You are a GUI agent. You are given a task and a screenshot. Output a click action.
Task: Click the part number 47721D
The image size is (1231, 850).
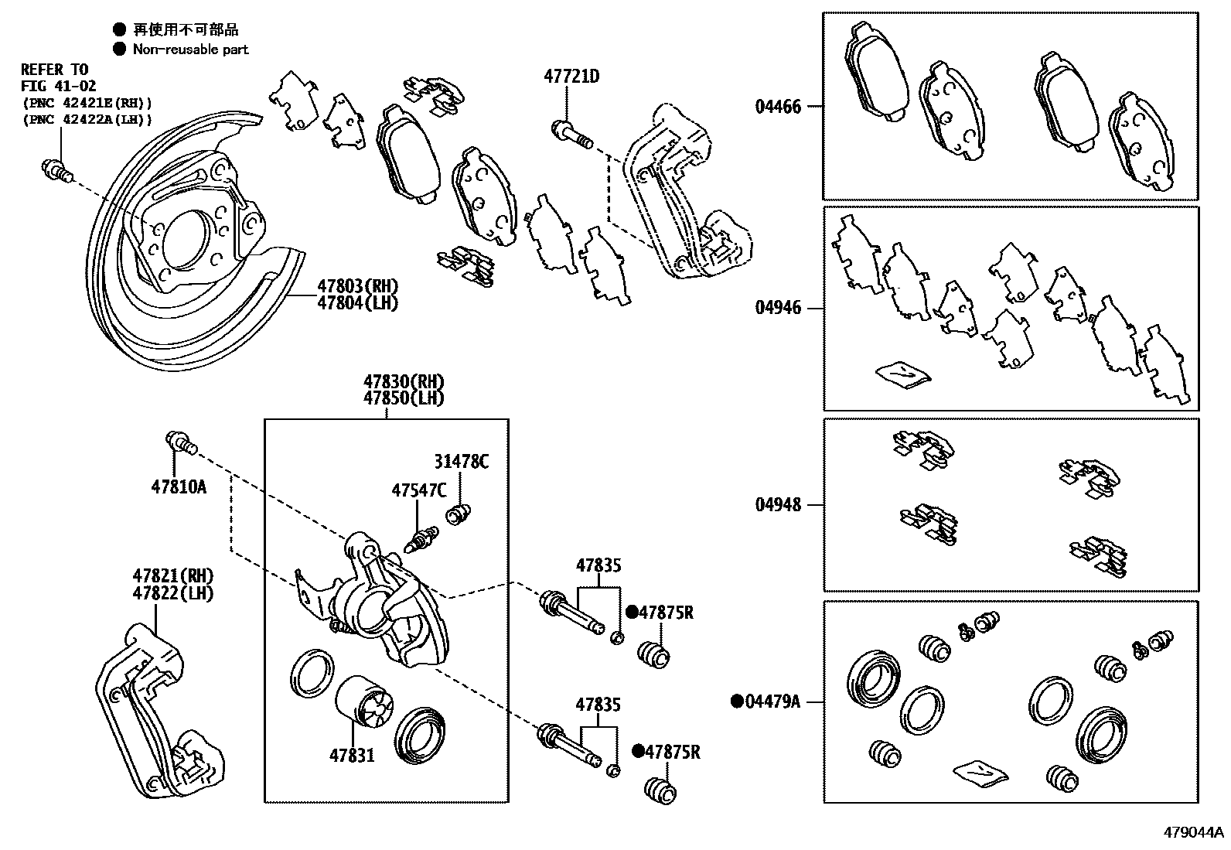tap(571, 77)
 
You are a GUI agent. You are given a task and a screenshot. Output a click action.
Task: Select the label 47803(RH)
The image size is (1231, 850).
tap(356, 286)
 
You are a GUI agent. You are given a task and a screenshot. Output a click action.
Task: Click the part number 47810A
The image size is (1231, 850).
tap(179, 487)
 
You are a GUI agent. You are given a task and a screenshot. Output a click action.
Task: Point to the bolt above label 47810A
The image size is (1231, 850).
tap(181, 444)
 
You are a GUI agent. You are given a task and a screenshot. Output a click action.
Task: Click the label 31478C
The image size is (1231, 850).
tap(461, 462)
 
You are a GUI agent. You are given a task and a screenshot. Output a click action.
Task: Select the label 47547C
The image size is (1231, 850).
tap(418, 490)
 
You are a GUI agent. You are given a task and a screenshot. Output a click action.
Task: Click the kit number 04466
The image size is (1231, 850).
tap(778, 106)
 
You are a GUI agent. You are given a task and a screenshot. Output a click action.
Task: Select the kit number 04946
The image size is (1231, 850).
tap(778, 308)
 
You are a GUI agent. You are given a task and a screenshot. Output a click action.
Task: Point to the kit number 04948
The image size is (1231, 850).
tap(778, 505)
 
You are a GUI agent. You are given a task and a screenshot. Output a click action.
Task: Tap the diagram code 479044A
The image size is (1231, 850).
tap(1195, 833)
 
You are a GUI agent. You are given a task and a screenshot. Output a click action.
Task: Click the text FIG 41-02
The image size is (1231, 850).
tap(58, 86)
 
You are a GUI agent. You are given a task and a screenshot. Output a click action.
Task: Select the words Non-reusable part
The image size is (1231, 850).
tap(190, 49)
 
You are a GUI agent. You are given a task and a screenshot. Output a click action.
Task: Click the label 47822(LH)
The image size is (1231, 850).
tap(172, 593)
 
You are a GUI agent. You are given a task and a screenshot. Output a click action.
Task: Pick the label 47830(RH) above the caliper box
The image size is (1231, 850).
tap(404, 382)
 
